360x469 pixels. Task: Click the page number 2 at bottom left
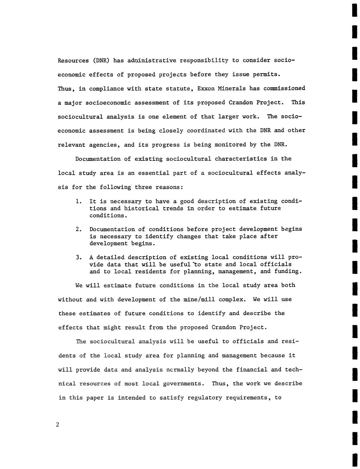(x=58, y=424)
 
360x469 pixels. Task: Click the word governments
(x=182, y=384)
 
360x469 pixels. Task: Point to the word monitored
(x=230, y=145)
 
